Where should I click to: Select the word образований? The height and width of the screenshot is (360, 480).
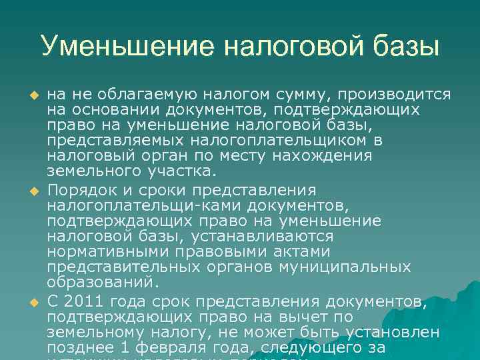click(x=100, y=282)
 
